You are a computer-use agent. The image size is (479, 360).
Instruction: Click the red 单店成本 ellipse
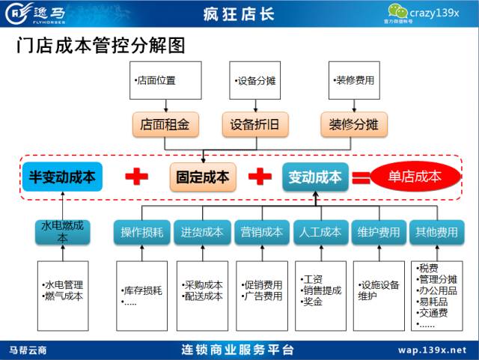point(415,177)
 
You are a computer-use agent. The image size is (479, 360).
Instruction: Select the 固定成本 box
point(203,177)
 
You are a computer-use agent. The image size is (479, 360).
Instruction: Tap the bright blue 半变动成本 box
point(62,177)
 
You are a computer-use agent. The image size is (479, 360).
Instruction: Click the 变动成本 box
point(315,177)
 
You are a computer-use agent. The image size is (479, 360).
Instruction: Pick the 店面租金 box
point(165,124)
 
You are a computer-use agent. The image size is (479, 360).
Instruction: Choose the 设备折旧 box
point(255,124)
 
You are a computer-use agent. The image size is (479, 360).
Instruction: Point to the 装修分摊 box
point(354,124)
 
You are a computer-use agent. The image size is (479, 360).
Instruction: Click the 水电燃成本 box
point(63,232)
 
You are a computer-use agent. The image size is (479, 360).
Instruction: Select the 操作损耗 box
point(141,232)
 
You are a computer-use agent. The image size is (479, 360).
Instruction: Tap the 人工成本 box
point(321,232)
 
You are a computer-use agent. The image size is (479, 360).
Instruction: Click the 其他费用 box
point(437,232)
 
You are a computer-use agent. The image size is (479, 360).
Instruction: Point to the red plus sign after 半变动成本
point(136,177)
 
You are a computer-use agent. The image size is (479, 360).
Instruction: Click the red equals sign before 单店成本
point(361,178)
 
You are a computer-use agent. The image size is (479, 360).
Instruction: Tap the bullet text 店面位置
point(155,80)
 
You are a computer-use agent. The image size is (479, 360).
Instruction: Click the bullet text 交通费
point(433,313)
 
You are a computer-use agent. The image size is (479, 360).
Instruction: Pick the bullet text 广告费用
point(262,296)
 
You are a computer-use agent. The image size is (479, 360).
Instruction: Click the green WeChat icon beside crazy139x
point(397,12)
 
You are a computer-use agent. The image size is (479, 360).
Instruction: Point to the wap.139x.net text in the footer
point(432,350)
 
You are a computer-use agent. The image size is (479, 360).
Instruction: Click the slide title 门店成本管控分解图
point(101,46)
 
